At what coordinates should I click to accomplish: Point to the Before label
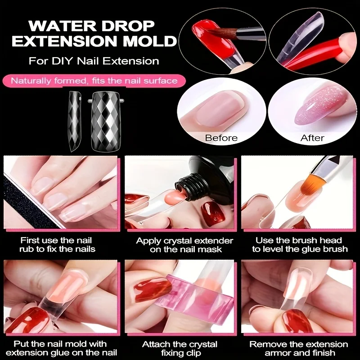click(221, 138)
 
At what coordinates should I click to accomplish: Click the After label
click(312, 138)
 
